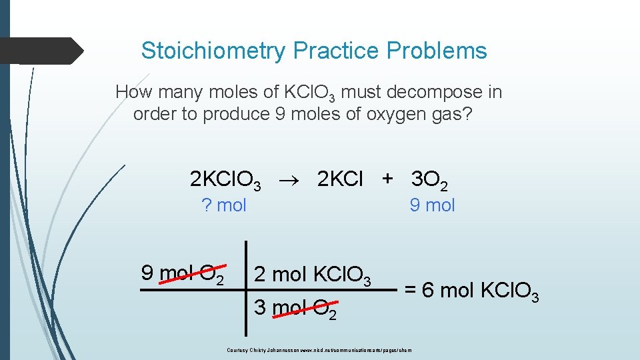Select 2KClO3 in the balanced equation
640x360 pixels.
coord(225,180)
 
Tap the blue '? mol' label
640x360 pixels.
coord(224,205)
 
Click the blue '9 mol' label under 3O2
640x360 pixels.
coord(432,205)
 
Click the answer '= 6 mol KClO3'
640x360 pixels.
coord(471,291)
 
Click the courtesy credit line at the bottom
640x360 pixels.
coord(319,349)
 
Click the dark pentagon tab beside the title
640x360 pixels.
coord(41,51)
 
